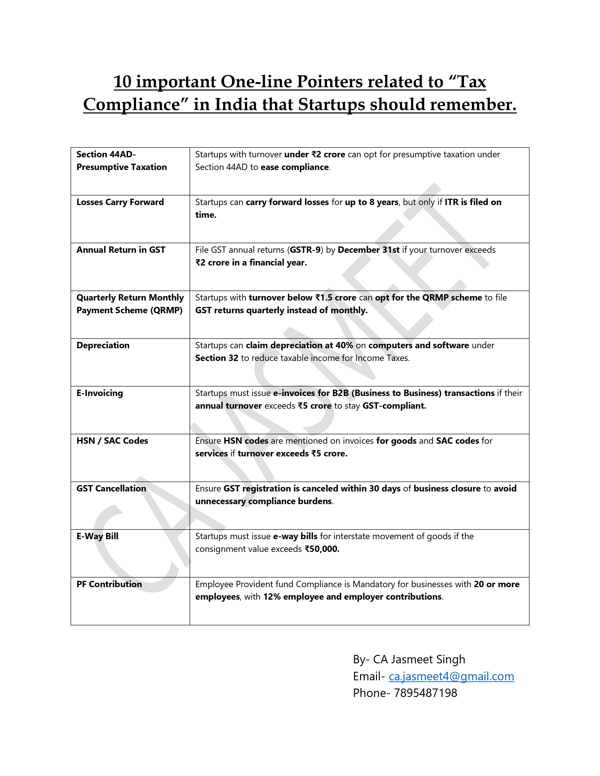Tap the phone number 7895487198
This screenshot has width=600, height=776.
click(x=425, y=693)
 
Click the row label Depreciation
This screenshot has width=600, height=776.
click(x=103, y=345)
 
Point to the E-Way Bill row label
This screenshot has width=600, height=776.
click(x=97, y=536)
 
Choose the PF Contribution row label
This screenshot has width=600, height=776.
click(x=109, y=584)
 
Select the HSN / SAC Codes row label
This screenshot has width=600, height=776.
click(x=112, y=441)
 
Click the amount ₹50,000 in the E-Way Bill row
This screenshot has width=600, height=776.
click(x=322, y=549)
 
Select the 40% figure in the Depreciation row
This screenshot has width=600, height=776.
click(x=344, y=345)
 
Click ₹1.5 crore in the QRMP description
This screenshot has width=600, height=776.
click(x=336, y=298)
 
